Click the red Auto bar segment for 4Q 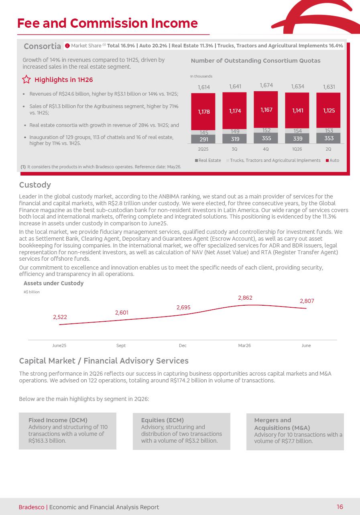point(266,109)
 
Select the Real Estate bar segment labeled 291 point(203,139)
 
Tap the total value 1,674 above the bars point(266,85)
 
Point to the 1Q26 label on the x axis point(297,149)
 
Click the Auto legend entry point(332,160)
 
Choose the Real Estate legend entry point(207,160)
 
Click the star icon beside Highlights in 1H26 point(26,79)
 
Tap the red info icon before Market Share point(67,46)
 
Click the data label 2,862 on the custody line point(245,298)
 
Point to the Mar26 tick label point(244,345)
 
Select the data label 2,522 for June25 point(60,317)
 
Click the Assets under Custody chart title point(53,283)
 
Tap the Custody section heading point(35,185)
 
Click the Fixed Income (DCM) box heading point(58,420)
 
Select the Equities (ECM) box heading point(163,420)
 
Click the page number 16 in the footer point(340,507)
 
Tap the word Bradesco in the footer point(31,507)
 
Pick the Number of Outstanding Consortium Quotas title point(256,61)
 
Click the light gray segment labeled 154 point(297,131)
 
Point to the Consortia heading point(42,46)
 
